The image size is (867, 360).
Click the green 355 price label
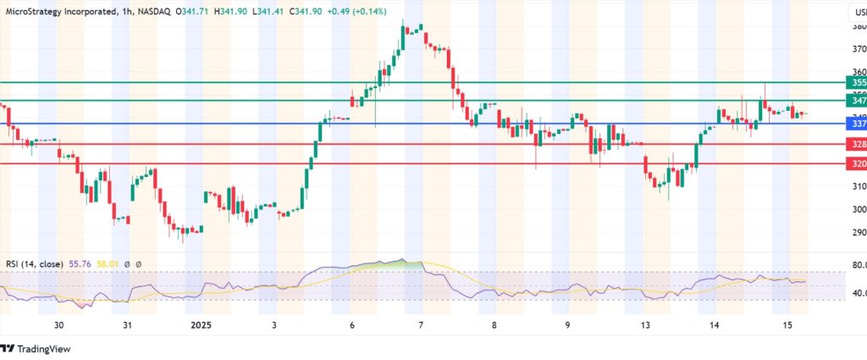coord(858,82)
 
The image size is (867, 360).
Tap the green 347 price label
coord(858,100)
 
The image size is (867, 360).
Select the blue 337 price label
coord(858,124)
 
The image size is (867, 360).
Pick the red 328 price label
coord(858,145)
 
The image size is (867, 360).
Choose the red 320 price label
coord(858,163)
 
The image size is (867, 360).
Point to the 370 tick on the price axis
coord(859,49)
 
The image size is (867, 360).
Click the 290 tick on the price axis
coord(859,232)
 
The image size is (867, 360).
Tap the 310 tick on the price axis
coord(859,186)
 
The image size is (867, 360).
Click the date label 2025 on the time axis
coord(202,325)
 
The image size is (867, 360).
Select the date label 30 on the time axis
coord(58,325)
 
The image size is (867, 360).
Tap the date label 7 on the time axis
coord(421,325)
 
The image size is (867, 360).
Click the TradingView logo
coord(38,348)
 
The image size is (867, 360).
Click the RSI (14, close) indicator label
coord(33,264)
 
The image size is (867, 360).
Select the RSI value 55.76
coord(79,264)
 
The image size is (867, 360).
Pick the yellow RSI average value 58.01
coord(108,264)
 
